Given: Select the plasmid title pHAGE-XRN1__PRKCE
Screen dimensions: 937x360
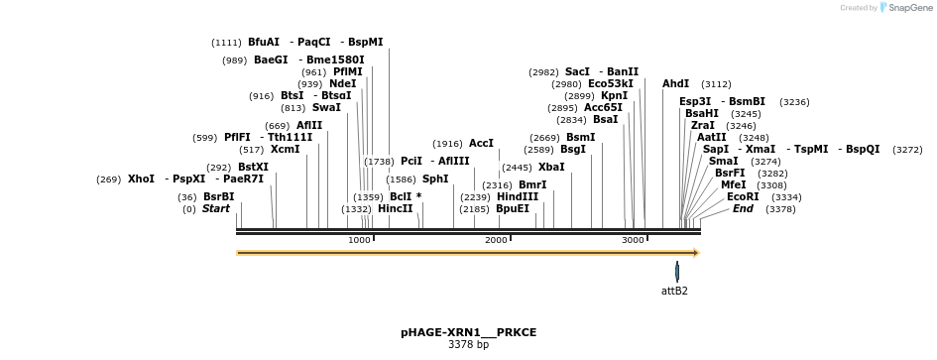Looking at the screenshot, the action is tap(468, 332).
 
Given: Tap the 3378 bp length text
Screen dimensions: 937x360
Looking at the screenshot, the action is tap(468, 345).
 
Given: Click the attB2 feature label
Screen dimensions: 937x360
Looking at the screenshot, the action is tap(674, 291).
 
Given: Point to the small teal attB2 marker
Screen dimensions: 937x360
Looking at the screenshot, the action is tap(677, 271).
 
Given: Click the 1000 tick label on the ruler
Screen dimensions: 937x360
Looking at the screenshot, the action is tap(359, 240).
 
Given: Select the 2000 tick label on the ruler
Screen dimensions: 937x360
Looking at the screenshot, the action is tap(496, 240).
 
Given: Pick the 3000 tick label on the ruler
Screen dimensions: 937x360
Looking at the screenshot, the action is tap(633, 240).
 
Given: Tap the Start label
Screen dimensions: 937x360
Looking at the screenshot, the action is tap(215, 209).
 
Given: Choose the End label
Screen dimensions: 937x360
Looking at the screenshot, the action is tap(743, 209).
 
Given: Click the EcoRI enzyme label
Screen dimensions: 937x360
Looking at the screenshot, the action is tap(743, 196).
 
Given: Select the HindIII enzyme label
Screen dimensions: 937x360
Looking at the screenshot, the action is tap(518, 196).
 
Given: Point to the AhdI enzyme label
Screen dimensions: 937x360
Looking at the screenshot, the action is tap(675, 84).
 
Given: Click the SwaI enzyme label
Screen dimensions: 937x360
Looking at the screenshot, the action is tap(325, 107).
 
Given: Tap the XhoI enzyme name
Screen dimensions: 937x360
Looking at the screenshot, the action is tap(141, 180).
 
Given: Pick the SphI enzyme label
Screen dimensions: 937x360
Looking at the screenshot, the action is tap(435, 180).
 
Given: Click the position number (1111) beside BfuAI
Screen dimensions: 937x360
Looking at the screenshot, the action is tap(226, 43).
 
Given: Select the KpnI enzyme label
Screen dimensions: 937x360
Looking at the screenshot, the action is tap(614, 96).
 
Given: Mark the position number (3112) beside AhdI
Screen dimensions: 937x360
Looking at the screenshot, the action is tap(716, 84).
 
